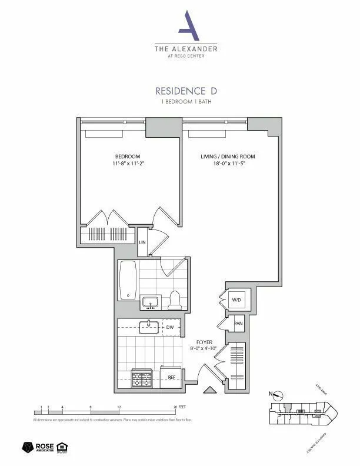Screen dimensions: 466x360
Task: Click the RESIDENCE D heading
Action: [181, 91]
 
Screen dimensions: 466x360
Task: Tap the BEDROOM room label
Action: [128, 156]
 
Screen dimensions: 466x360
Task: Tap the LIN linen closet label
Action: [142, 242]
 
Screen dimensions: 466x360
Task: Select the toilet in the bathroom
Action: [175, 300]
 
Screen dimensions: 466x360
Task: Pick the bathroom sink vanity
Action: [151, 302]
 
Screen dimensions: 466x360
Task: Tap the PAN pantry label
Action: [238, 323]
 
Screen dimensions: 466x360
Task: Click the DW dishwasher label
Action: [169, 327]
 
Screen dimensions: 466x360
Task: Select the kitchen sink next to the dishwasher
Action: [149, 327]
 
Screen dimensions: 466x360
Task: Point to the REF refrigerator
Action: [171, 378]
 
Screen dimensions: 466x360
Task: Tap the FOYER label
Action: [204, 342]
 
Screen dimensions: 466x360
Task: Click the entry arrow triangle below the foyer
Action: [208, 390]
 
